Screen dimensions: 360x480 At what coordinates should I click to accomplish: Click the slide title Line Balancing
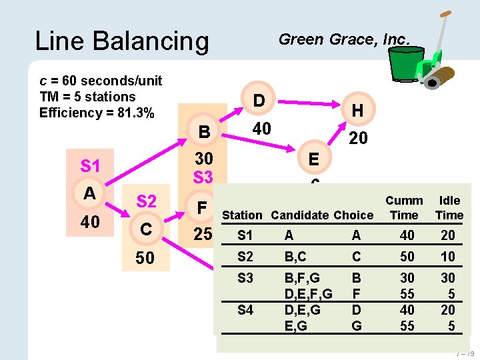pos(121,41)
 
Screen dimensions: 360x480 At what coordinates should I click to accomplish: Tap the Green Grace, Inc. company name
pos(344,39)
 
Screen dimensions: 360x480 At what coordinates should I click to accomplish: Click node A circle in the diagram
pos(89,193)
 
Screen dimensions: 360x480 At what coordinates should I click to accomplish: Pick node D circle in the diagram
pos(259,101)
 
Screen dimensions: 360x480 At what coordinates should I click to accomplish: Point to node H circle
pos(357,111)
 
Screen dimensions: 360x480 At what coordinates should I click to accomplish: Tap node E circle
pos(313,159)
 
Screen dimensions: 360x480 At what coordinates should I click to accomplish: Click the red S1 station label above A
pos(90,165)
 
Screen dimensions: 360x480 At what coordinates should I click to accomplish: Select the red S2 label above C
pos(146,201)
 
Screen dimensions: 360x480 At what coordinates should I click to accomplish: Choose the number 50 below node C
pos(145,258)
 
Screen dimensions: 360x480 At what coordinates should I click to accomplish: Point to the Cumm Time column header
pos(404,207)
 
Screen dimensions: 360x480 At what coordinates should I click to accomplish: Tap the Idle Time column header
pos(449,207)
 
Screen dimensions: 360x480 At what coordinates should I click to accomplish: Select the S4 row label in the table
pos(245,310)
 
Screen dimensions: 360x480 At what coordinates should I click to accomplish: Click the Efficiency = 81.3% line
pos(97,113)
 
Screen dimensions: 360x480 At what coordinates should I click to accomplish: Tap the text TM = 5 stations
pos(87,97)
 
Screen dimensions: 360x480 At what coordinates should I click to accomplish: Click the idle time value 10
pos(447,257)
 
